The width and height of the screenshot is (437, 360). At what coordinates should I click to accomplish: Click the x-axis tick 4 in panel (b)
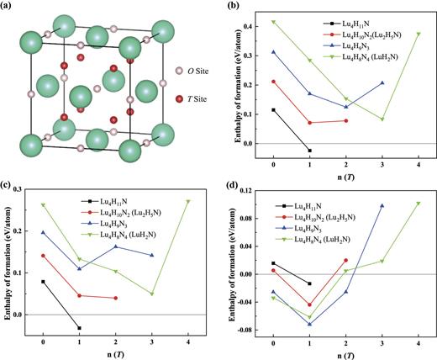(x=418, y=165)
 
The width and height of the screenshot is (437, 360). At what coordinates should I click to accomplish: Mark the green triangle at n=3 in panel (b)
(x=382, y=119)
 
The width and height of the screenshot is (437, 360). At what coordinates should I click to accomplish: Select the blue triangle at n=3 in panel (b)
(x=382, y=82)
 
